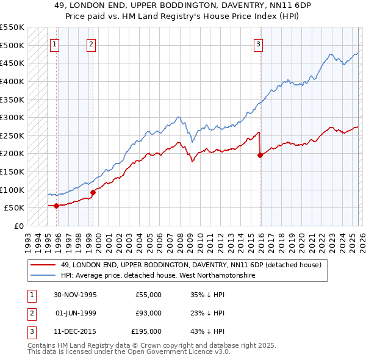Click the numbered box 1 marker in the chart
[55, 43]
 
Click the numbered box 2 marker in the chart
[91, 43]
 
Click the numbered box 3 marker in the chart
[258, 43]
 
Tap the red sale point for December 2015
[260, 155]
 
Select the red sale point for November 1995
[56, 206]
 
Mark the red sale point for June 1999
[93, 192]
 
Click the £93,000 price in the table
[148, 313]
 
